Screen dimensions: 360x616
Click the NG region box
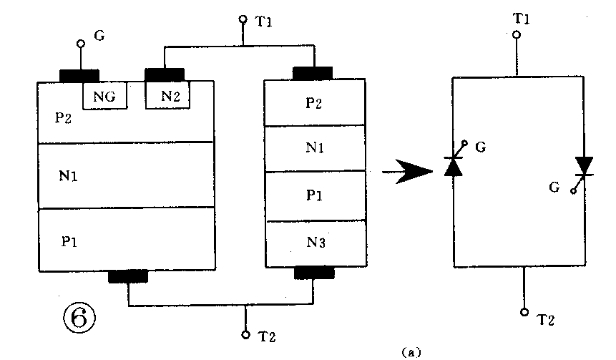pyautogui.click(x=106, y=95)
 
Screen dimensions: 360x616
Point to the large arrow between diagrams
pyautogui.click(x=409, y=172)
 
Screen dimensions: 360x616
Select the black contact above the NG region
pyautogui.click(x=79, y=75)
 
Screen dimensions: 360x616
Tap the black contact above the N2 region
pyautogui.click(x=165, y=74)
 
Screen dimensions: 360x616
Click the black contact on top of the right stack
pyautogui.click(x=313, y=72)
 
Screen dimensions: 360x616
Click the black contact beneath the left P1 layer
pyautogui.click(x=128, y=277)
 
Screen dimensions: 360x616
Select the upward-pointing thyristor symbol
pyautogui.click(x=454, y=166)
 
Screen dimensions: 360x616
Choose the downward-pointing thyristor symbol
pyautogui.click(x=585, y=166)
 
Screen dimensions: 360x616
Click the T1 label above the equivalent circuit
pyautogui.click(x=521, y=16)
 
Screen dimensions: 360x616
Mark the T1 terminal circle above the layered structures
pyautogui.click(x=243, y=21)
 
